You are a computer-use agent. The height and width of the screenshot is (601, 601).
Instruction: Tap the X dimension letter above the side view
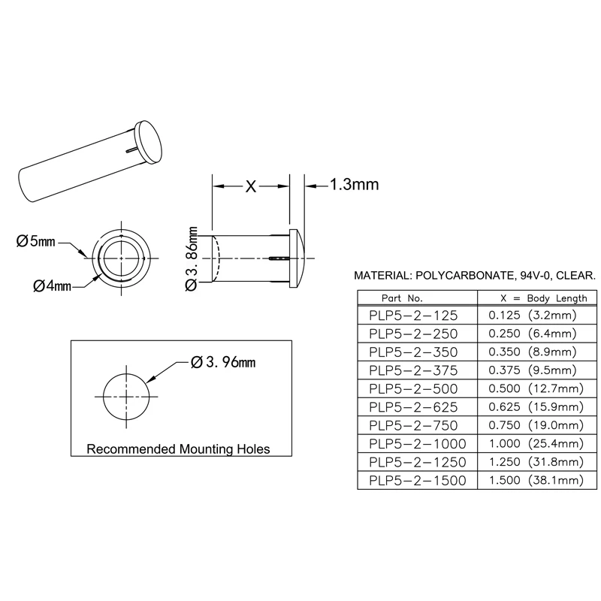point(252,186)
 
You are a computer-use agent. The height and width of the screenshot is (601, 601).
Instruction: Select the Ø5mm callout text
point(36,241)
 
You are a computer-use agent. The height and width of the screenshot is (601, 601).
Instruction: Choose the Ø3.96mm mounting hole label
point(223,363)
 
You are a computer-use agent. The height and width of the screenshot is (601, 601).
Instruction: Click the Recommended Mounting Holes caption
point(179,449)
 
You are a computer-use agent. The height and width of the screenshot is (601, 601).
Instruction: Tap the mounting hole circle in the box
point(126,395)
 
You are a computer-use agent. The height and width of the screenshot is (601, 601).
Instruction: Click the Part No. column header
point(407,297)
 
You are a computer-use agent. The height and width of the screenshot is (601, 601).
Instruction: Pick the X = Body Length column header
point(533,297)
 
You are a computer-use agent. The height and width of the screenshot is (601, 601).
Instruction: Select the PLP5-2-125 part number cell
point(412,316)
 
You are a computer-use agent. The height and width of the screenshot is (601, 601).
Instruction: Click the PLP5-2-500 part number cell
point(412,388)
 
